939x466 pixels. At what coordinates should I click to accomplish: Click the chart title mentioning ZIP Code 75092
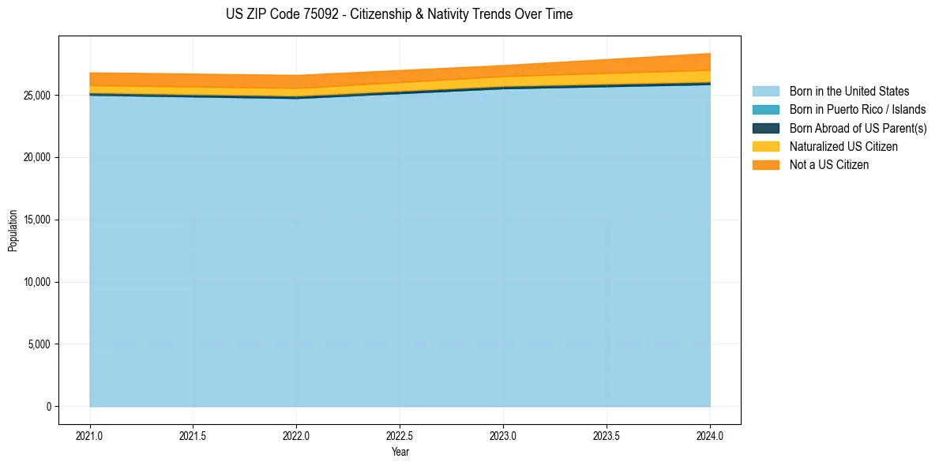[399, 14]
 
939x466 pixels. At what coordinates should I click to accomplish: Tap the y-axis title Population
[13, 230]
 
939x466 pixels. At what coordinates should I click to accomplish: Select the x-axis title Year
[400, 453]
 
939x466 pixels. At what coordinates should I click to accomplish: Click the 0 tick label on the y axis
[48, 407]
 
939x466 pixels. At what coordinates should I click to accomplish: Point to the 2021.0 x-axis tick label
[90, 435]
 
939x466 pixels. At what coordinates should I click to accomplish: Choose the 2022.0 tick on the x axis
[297, 435]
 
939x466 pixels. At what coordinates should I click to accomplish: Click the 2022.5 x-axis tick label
[400, 435]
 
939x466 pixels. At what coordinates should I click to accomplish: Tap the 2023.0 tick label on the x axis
[504, 435]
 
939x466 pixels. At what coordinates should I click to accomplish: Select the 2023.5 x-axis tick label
[607, 435]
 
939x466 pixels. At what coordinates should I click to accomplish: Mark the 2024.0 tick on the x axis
[710, 435]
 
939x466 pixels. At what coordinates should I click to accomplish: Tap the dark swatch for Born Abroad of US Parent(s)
[765, 128]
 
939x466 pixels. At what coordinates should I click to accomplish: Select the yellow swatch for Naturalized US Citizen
[765, 146]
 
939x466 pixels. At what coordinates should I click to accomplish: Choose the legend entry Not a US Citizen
[828, 164]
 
